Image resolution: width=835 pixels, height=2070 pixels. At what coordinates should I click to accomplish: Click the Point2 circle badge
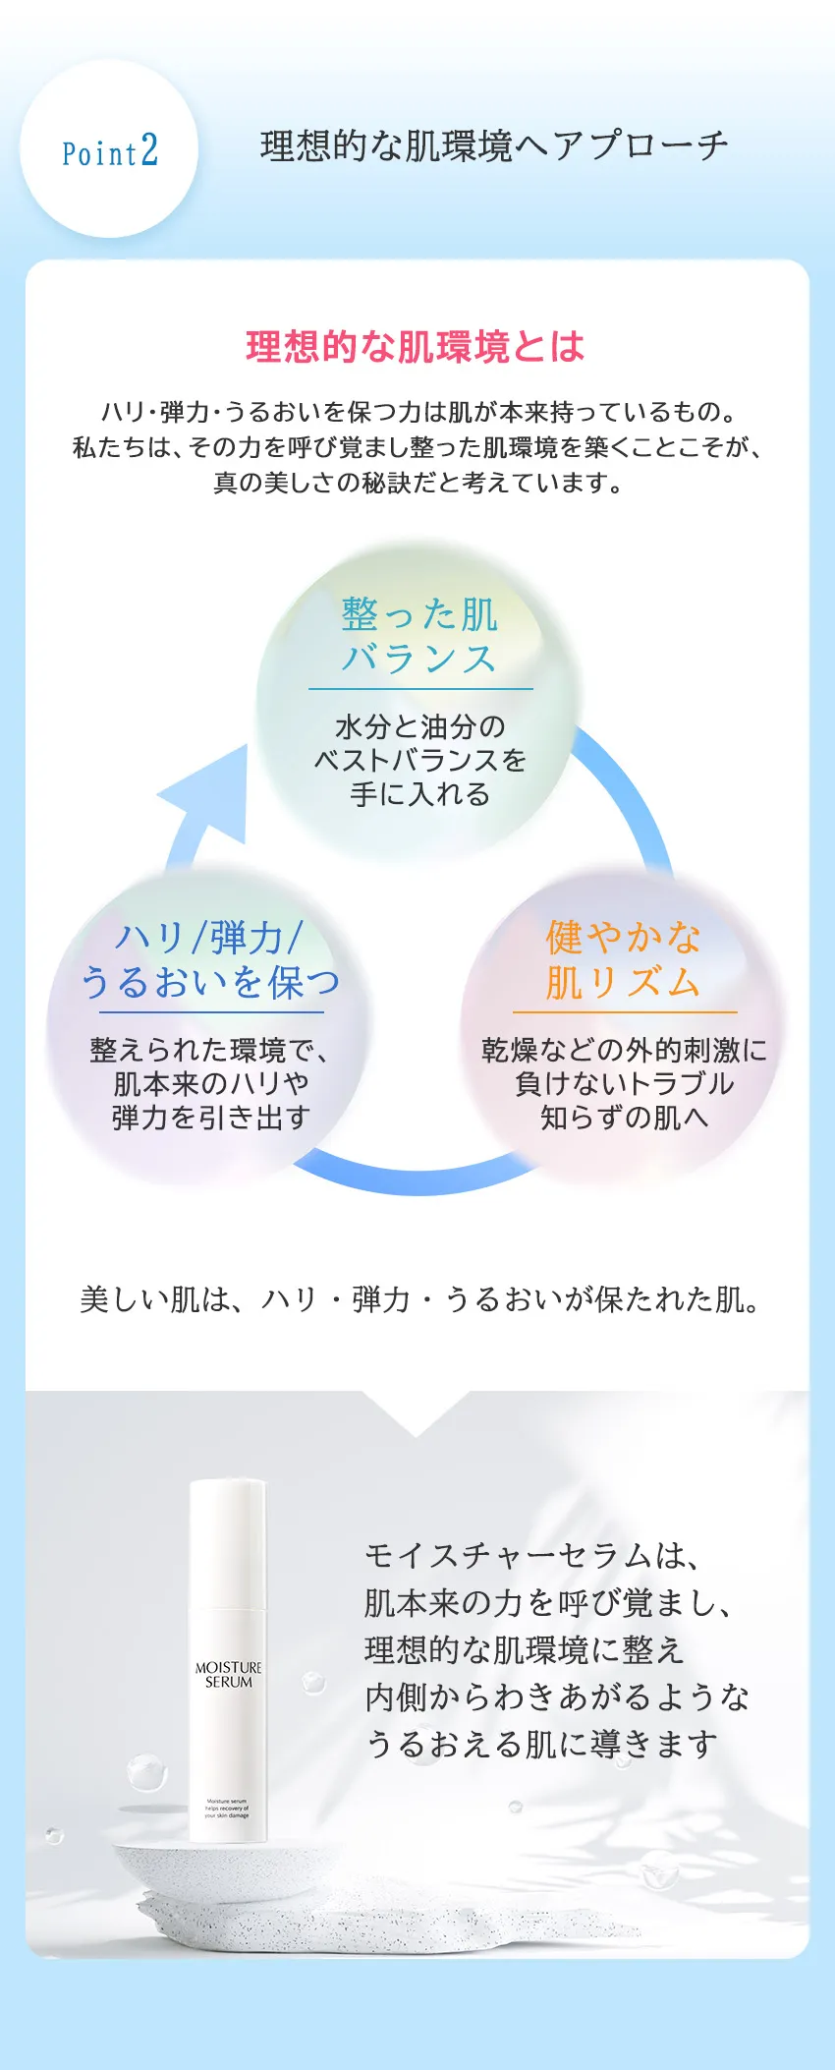[x=109, y=149]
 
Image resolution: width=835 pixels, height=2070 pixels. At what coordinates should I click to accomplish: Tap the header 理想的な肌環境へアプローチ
[x=494, y=146]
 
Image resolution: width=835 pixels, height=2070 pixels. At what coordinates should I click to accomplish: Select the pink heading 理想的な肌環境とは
[x=416, y=347]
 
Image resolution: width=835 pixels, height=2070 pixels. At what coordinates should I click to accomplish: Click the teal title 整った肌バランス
[x=419, y=636]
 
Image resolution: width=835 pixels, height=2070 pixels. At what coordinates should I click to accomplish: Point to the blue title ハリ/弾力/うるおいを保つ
[x=210, y=959]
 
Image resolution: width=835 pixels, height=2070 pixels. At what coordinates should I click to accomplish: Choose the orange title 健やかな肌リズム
[x=623, y=959]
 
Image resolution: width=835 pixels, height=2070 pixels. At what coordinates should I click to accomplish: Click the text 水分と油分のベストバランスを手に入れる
[x=420, y=760]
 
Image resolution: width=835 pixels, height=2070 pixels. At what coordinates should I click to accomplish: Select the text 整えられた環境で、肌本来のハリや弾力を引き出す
[x=210, y=1083]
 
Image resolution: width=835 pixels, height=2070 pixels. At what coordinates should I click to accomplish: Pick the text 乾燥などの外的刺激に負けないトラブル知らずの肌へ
[x=624, y=1083]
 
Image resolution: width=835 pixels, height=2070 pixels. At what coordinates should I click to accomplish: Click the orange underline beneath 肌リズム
[x=624, y=1011]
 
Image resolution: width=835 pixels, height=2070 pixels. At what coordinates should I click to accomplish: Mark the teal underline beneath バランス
[x=420, y=689]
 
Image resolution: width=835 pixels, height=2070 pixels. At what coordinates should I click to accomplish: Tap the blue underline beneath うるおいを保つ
[x=210, y=1011]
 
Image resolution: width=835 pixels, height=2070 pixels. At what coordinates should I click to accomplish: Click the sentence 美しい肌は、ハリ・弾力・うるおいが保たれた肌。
[x=418, y=1299]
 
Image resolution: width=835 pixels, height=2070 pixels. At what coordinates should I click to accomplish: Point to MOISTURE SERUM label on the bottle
[x=228, y=1675]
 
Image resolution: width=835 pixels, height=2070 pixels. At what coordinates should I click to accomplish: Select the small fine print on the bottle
[x=227, y=1809]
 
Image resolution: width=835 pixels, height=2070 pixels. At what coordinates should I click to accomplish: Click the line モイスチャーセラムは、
[x=531, y=1555]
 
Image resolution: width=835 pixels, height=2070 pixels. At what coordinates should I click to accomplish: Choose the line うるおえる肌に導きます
[x=541, y=1745]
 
